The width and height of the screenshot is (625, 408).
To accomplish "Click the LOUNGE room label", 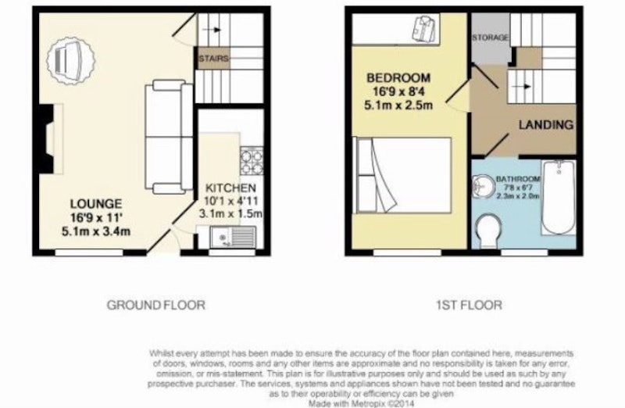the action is [x=96, y=204].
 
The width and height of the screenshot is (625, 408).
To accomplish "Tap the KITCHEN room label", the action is [x=230, y=188].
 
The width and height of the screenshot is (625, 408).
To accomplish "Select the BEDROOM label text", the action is [x=398, y=77].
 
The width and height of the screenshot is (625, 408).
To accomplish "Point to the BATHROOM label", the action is [x=518, y=179].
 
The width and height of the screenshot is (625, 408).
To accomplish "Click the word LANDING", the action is [x=545, y=125].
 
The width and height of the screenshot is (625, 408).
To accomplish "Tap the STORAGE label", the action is [x=491, y=38].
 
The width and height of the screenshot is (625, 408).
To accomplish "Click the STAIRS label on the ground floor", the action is [x=213, y=59].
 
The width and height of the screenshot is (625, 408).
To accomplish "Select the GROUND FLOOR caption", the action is [x=155, y=305].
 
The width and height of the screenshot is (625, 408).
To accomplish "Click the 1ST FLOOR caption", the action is [x=470, y=305].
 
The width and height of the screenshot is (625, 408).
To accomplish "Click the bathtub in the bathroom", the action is [x=559, y=198].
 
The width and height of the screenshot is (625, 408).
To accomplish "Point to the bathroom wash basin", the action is [x=483, y=186].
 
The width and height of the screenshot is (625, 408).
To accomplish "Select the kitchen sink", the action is [x=233, y=237].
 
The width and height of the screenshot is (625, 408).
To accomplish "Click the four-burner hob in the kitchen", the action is [x=252, y=161].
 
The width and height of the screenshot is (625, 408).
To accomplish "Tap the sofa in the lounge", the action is [x=169, y=137].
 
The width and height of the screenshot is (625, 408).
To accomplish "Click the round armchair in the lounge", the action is [x=70, y=60].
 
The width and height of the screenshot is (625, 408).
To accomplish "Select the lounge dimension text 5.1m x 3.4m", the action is [x=96, y=231].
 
